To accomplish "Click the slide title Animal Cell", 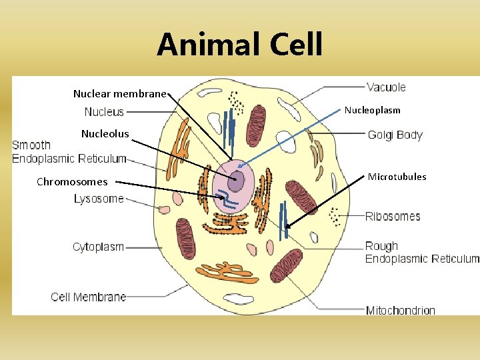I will pos(240,45).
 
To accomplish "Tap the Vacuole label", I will pos(386,87).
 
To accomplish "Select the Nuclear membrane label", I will pos(119,94).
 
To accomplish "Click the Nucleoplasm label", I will pos(372,110).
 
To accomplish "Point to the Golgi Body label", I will pos(395,135).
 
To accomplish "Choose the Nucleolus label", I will pos(105,134).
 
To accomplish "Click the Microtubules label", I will pos(397,177).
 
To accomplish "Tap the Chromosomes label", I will pos(72,181).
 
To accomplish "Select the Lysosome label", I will pos(99,199).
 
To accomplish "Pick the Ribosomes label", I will pos(393,216).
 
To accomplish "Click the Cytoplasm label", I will pos(98,247).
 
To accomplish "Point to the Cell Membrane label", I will pos(89,297).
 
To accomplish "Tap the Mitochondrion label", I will pos(400,310).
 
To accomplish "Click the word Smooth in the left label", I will pos(31,145).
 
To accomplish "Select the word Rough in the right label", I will pos(381,246).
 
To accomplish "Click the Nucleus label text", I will pos(104,112).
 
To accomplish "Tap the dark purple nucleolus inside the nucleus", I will pos(236,181).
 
